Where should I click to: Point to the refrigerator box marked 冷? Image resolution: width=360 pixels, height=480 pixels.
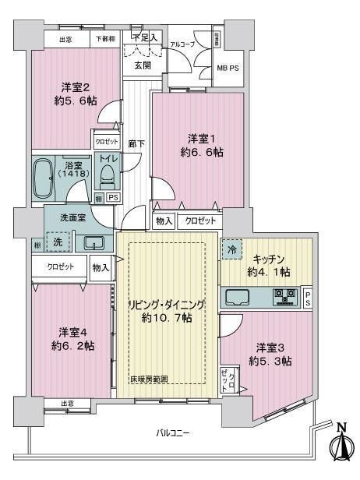[x=232, y=250]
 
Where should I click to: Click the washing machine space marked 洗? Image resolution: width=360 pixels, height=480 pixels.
[x=56, y=243]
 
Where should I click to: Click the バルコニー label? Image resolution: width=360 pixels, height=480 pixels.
[x=172, y=432]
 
